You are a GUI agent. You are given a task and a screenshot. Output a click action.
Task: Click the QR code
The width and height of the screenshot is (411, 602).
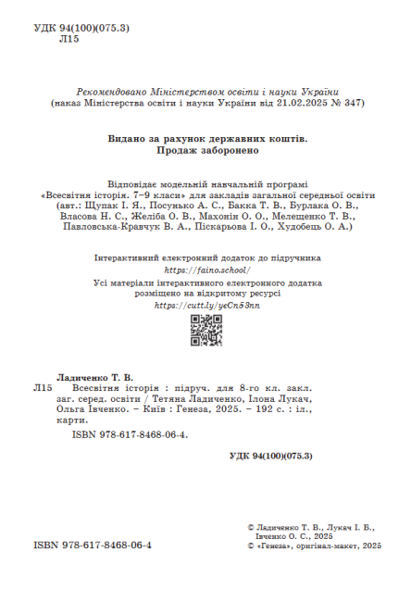pyautogui.click(x=205, y=332)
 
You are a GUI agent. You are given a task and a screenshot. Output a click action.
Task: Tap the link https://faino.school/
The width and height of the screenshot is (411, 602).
pyautogui.click(x=207, y=270)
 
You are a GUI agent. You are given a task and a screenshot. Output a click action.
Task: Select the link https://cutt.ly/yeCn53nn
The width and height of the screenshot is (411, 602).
pyautogui.click(x=206, y=305)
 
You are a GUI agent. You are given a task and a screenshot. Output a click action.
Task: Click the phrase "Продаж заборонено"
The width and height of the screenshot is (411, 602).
pyautogui.click(x=206, y=151)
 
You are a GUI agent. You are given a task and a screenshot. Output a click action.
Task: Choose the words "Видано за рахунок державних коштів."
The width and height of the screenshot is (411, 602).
pyautogui.click(x=206, y=139)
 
